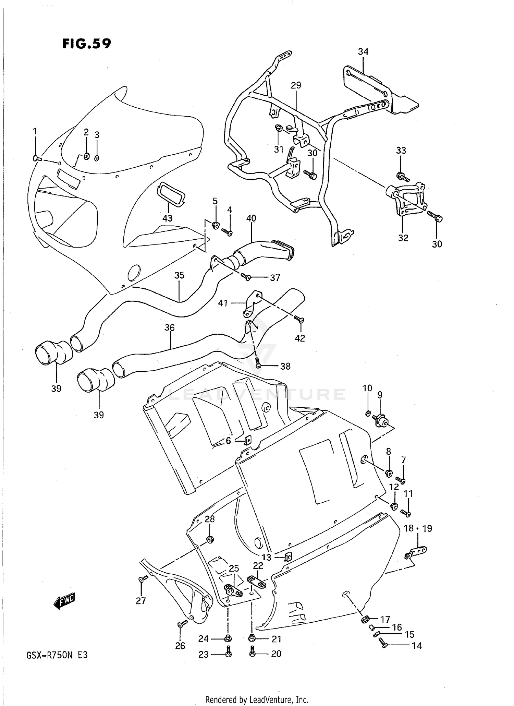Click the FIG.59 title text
click(x=86, y=44)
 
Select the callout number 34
click(x=363, y=51)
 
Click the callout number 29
click(x=296, y=85)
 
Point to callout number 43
click(x=167, y=218)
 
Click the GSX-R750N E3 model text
click(x=57, y=655)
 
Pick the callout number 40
click(x=251, y=218)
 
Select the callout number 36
click(x=169, y=327)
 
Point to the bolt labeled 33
click(x=402, y=177)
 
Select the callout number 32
click(x=403, y=238)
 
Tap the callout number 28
click(x=210, y=519)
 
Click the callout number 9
click(x=380, y=395)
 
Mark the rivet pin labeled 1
click(x=37, y=158)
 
